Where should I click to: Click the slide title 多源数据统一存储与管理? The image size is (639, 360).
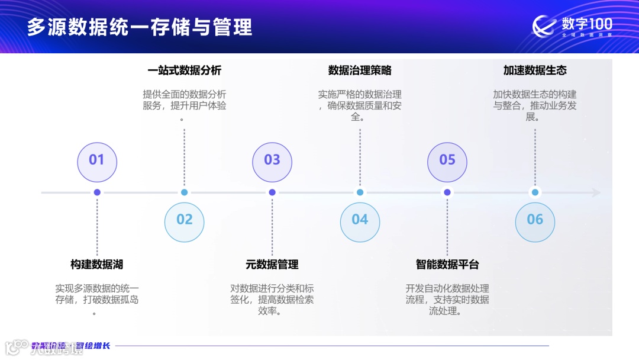[x=140, y=27]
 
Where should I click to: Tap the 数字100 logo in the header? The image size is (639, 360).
[x=572, y=27]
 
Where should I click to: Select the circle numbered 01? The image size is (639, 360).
[x=97, y=160]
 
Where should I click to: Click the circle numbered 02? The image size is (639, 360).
[x=185, y=220]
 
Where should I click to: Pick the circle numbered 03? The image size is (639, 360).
[x=272, y=160]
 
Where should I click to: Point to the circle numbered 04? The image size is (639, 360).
[x=360, y=220]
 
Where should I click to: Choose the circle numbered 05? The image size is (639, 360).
[x=447, y=160]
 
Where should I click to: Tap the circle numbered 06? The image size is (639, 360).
[x=535, y=220]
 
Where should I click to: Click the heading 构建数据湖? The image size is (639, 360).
[x=97, y=265]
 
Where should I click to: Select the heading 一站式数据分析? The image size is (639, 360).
[x=185, y=70]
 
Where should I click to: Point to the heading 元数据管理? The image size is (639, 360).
[x=272, y=265]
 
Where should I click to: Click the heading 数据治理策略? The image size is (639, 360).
[x=360, y=70]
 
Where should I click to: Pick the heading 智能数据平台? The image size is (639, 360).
[x=447, y=265]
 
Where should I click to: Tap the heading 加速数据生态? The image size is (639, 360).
[x=535, y=70]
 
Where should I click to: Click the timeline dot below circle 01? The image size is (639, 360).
[x=97, y=192]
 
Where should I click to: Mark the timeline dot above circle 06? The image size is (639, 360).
[x=535, y=192]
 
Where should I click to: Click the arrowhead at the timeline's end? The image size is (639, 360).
[x=596, y=192]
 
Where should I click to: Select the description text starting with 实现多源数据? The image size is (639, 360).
[x=97, y=300]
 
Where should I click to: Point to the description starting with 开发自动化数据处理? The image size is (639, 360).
[x=447, y=300]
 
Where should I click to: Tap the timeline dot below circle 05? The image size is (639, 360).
[x=447, y=192]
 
